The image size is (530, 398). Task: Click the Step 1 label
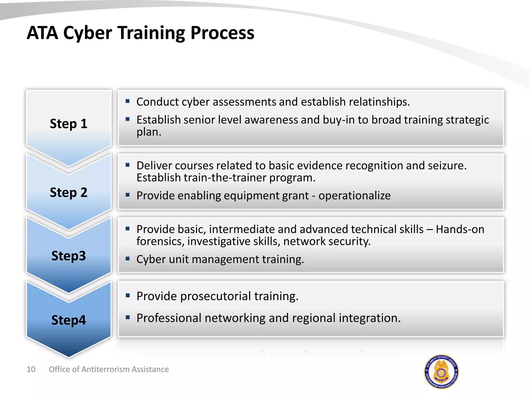69,124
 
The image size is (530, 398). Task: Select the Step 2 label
69,193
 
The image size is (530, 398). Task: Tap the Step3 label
69,256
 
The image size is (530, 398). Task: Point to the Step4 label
69,320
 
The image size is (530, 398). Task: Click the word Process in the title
222,33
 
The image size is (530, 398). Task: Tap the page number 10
31,369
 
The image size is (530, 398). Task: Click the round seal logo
441,372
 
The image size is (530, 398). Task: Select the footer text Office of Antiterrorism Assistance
109,369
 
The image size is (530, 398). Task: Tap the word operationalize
354,196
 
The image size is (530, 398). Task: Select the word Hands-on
460,229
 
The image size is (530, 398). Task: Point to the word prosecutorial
216,296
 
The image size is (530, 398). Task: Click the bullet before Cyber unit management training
127,259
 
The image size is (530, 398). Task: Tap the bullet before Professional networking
127,317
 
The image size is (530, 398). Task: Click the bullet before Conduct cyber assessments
127,101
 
